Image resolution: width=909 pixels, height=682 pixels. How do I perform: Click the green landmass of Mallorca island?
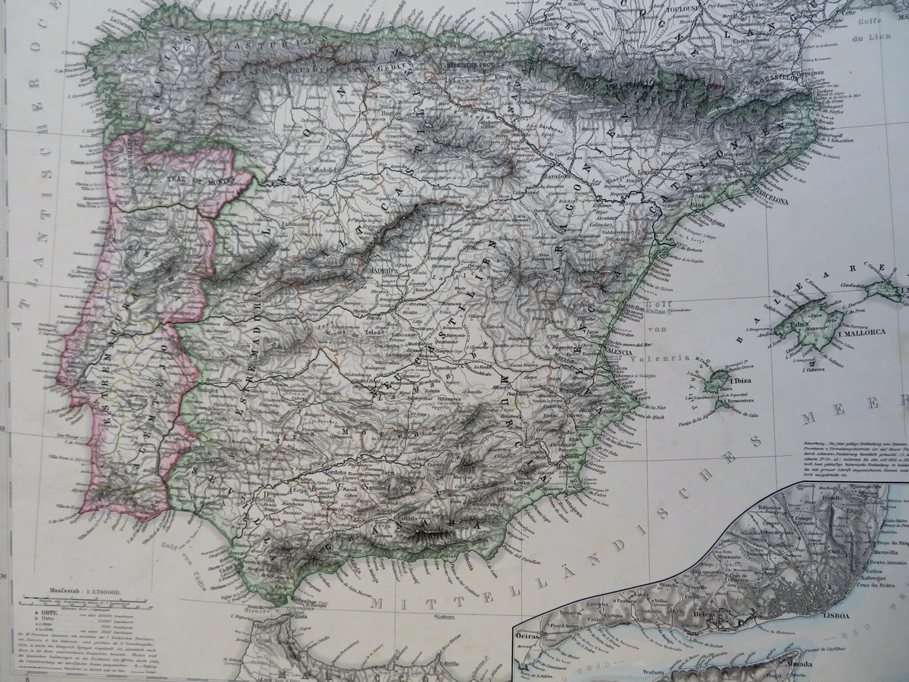811,318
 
